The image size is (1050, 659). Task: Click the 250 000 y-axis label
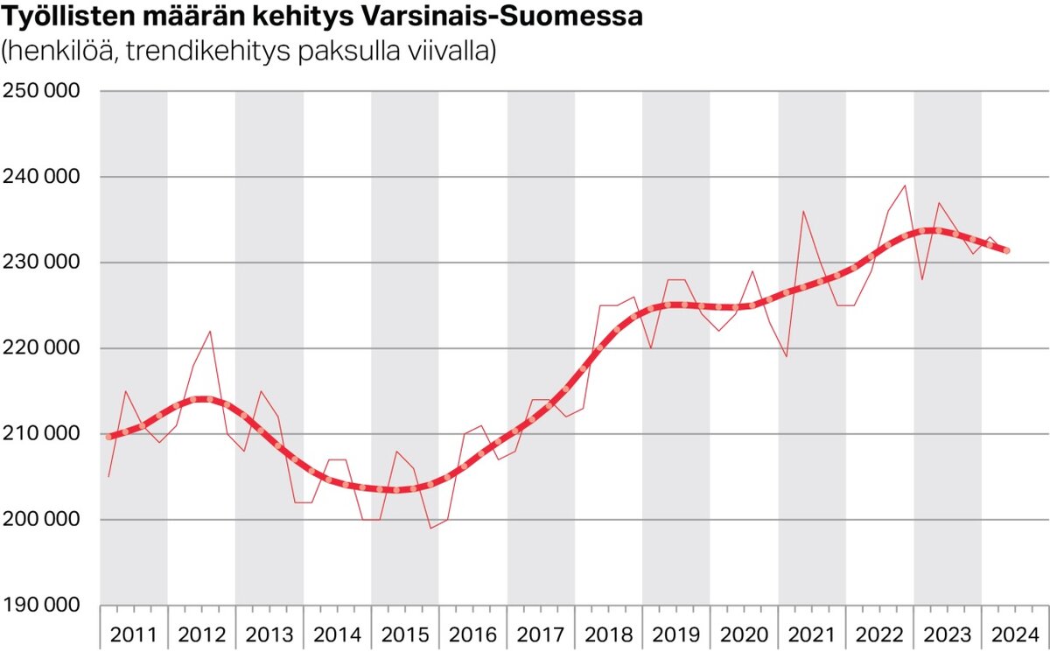pyautogui.click(x=41, y=91)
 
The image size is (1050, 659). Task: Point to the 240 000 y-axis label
pyautogui.click(x=41, y=177)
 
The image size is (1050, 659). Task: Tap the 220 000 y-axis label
pyautogui.click(x=41, y=348)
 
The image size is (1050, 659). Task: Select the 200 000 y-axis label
pyautogui.click(x=41, y=520)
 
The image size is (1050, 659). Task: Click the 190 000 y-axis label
pyautogui.click(x=41, y=606)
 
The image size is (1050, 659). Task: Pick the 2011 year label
pyautogui.click(x=134, y=634)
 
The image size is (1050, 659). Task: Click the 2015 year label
pyautogui.click(x=405, y=634)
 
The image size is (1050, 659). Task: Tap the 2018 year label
pyautogui.click(x=609, y=634)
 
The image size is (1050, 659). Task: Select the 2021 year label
pyautogui.click(x=812, y=634)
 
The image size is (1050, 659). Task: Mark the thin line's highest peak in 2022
pyautogui.click(x=905, y=186)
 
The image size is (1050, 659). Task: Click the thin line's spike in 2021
pyautogui.click(x=803, y=211)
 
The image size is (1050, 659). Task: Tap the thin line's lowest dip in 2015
pyautogui.click(x=430, y=528)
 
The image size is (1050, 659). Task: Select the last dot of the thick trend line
pyautogui.click(x=1006, y=250)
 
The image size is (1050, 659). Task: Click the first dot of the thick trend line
pyautogui.click(x=109, y=436)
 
